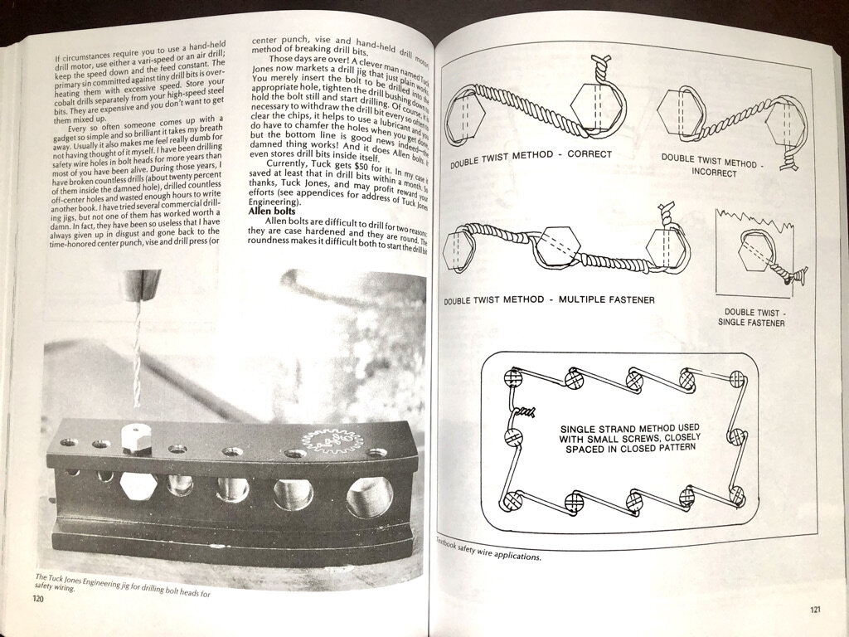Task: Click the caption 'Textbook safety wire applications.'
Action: tap(488, 551)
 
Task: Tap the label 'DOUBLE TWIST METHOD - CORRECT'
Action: tap(531, 158)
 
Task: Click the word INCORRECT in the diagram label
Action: tap(716, 174)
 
